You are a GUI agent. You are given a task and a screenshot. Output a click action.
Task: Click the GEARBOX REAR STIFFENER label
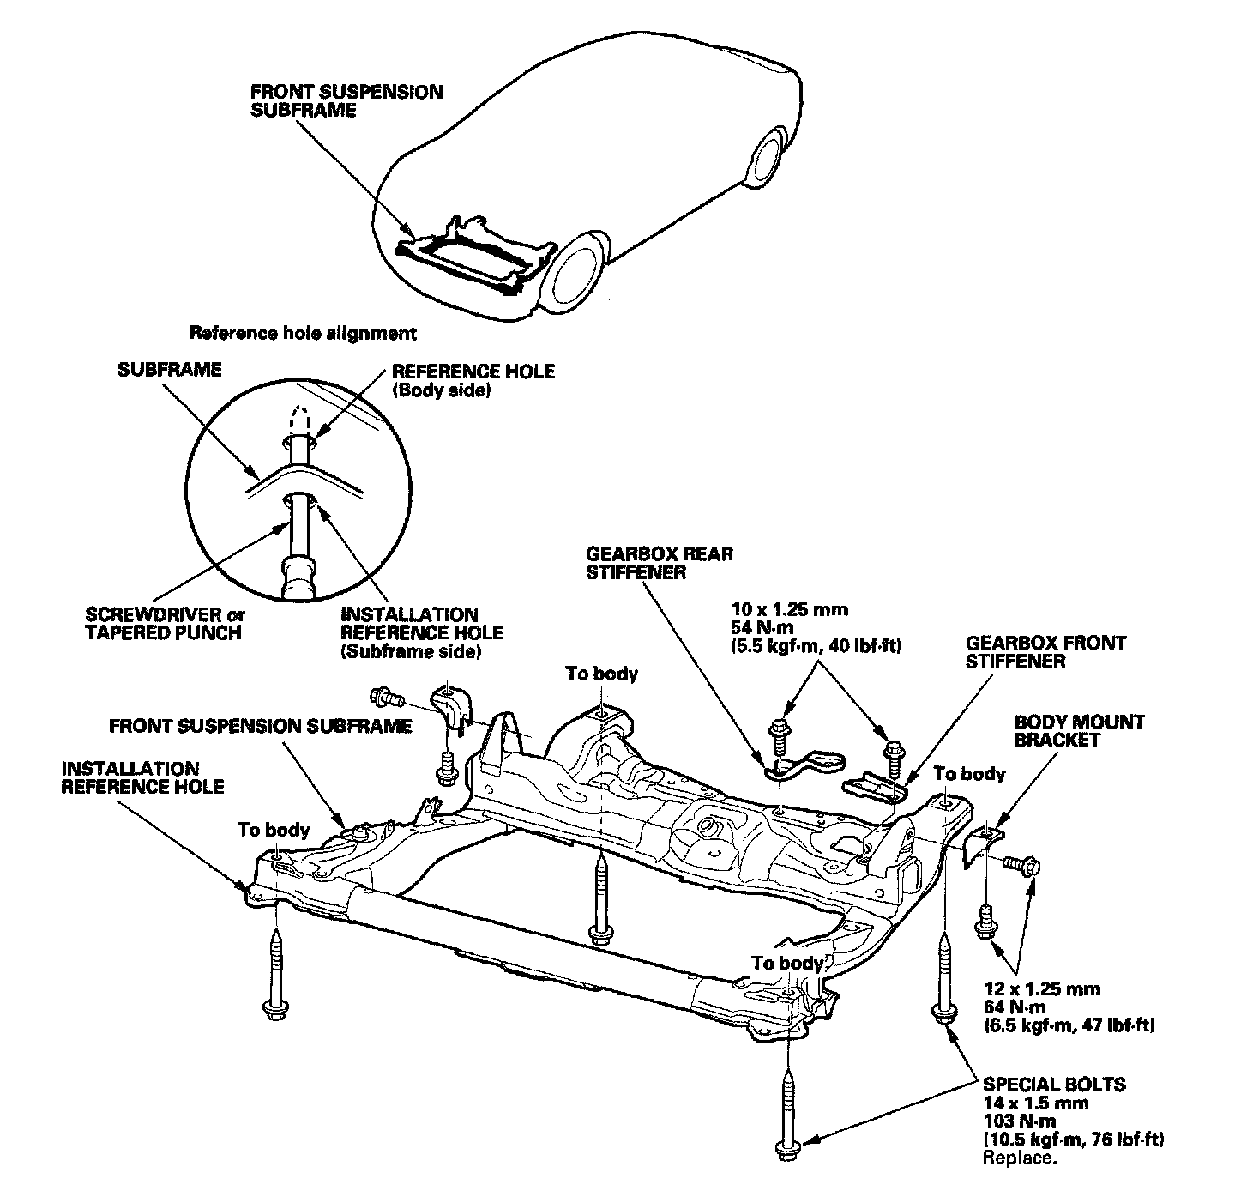(659, 563)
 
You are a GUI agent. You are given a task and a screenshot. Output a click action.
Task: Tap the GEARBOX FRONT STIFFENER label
(1045, 652)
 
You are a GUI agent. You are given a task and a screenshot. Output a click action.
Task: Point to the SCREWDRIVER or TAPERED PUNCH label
(165, 624)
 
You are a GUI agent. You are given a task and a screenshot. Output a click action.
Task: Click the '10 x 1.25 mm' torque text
(797, 610)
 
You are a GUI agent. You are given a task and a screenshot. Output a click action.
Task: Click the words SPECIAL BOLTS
(1054, 1085)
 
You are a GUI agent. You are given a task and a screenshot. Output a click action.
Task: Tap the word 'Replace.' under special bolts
(1020, 1158)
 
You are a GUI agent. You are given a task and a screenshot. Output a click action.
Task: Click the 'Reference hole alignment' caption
(302, 332)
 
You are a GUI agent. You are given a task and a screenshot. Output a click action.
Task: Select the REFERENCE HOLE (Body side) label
(473, 380)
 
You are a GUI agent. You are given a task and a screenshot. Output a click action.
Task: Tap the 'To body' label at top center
(601, 674)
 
